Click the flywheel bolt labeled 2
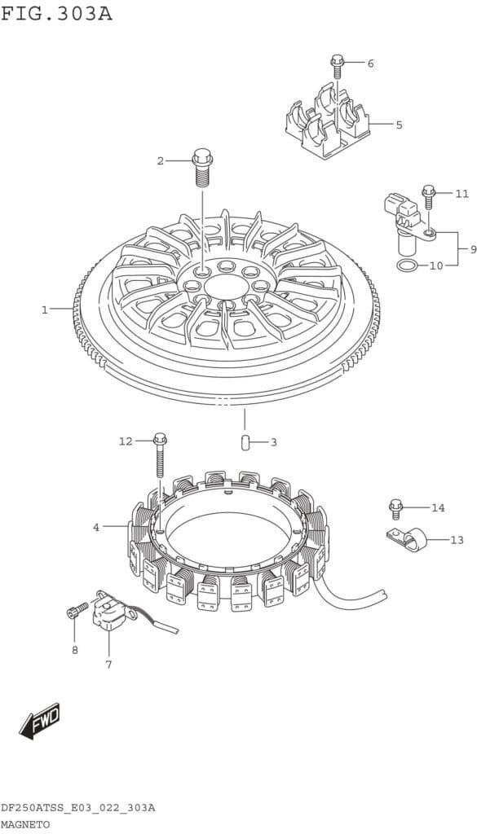click(x=201, y=167)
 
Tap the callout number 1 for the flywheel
click(x=45, y=309)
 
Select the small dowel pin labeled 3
click(x=245, y=442)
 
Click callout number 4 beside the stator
click(x=96, y=527)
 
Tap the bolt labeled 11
click(x=429, y=197)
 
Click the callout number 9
click(x=472, y=249)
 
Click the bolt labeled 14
click(x=395, y=509)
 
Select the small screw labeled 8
click(x=77, y=609)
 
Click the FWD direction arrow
click(x=39, y=721)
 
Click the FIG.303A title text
click(x=56, y=13)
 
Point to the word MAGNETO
click(x=25, y=825)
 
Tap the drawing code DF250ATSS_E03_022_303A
click(x=77, y=809)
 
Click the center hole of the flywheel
click(x=226, y=287)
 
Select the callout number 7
click(x=108, y=665)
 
